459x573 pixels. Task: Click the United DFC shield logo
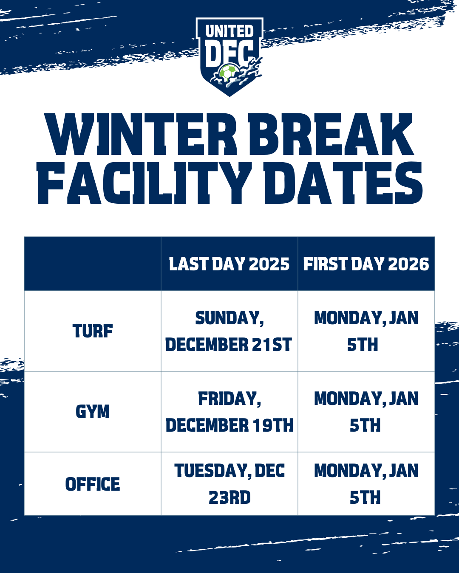click(229, 57)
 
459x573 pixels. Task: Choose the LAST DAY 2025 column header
click(229, 264)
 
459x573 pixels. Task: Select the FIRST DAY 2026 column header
click(366, 264)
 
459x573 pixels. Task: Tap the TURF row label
click(93, 331)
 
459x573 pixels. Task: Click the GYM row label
click(93, 411)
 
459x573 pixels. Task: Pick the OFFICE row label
click(93, 484)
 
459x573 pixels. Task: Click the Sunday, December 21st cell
click(229, 331)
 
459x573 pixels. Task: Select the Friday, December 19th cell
click(229, 411)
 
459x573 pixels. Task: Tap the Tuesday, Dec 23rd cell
click(229, 484)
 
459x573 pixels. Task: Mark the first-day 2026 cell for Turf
click(366, 331)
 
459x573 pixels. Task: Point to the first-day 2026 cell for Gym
click(366, 411)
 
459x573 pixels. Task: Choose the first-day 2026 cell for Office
click(366, 484)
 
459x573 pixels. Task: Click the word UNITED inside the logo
click(229, 31)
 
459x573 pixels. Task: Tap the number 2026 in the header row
click(408, 264)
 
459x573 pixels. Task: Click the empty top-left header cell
click(93, 264)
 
